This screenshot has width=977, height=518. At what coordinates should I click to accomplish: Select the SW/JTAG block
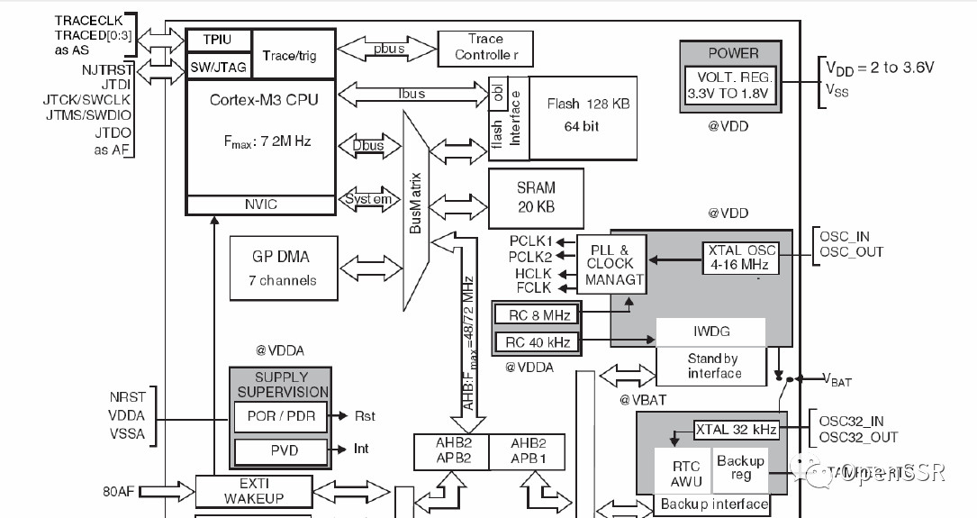coord(217,67)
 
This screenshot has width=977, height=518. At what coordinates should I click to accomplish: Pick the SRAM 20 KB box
coord(536,197)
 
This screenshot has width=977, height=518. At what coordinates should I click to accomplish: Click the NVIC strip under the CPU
coord(260,204)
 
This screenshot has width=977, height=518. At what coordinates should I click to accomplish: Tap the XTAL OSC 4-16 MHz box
coord(740,258)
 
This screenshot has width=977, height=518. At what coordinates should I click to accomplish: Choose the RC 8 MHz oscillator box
coord(537,314)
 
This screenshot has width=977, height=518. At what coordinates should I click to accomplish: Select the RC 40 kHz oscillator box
coord(537,341)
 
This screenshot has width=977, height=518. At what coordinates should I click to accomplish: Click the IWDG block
coord(711,331)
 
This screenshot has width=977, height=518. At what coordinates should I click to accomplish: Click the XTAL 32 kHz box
coord(736,430)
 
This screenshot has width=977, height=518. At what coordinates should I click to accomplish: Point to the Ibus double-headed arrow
coord(412,93)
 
